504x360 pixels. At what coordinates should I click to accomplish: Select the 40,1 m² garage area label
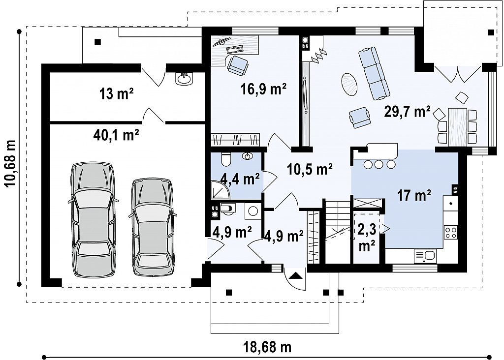pos(116,135)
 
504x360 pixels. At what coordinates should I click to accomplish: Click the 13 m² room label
pos(116,94)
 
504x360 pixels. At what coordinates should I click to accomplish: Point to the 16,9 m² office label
pos(264,89)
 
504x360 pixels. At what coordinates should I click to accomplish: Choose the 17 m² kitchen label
pos(414,195)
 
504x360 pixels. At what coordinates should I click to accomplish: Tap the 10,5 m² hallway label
pos(309,169)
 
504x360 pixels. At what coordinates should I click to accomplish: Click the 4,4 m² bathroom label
pos(240,179)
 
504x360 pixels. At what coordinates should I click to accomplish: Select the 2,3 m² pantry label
pos(367,238)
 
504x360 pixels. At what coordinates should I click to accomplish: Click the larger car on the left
pos(93,219)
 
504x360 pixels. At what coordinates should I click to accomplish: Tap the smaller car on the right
pos(153,227)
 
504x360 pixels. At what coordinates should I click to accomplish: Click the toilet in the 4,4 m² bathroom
pos(226,159)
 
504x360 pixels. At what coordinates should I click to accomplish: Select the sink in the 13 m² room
pos(185,78)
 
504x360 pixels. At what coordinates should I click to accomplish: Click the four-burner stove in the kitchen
pos(451,232)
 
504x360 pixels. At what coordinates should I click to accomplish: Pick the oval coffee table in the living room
pos(349,84)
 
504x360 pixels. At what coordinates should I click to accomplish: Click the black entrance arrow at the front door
pos(295,275)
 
